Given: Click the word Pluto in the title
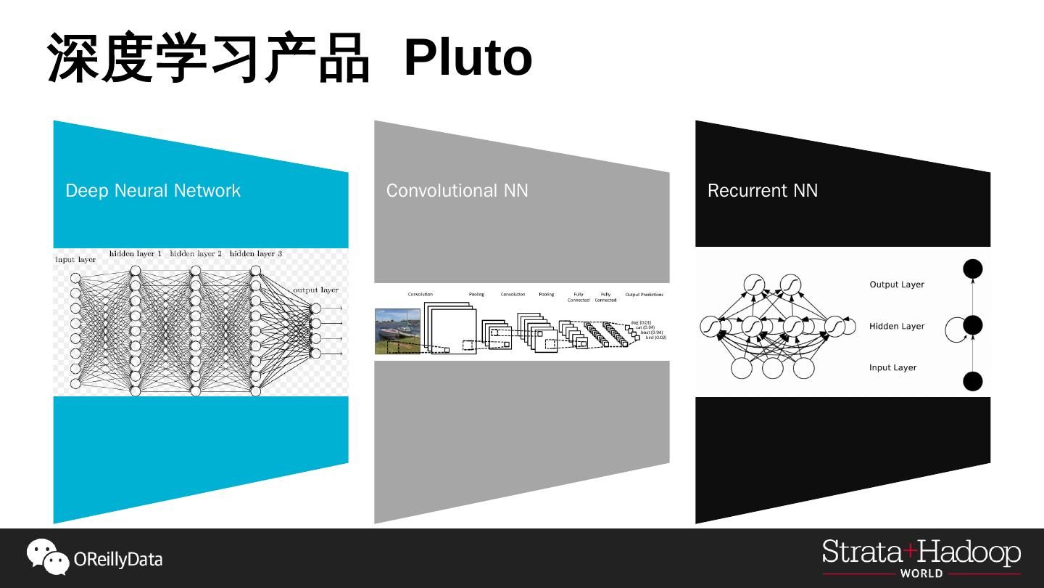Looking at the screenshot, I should tap(468, 58).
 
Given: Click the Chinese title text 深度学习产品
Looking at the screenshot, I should tap(209, 58).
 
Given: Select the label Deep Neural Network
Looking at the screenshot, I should tap(153, 190).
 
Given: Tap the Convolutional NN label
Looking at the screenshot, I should tap(457, 190).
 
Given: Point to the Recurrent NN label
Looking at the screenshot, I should tap(762, 190).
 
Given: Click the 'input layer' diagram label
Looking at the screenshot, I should tap(75, 260).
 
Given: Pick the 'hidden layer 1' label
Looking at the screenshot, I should tap(136, 254).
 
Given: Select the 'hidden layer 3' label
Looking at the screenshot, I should tap(255, 254).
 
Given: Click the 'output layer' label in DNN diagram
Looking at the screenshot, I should tap(315, 290).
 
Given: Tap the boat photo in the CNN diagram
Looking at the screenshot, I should tap(397, 332).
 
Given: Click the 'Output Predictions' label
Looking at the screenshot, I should tap(644, 295).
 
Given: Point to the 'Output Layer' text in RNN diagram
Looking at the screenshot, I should tap(897, 285).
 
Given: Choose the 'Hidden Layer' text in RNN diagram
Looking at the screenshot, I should tap(897, 326).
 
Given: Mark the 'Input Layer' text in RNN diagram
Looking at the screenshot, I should tap(893, 367).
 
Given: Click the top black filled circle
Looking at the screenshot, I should tap(972, 269).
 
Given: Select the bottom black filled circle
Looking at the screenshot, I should tap(972, 381).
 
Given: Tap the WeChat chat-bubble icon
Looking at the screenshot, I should tap(48, 557).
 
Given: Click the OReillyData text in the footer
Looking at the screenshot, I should tap(118, 560).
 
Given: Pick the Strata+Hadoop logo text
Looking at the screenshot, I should tap(921, 553).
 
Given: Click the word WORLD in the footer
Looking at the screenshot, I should tap(921, 573).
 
